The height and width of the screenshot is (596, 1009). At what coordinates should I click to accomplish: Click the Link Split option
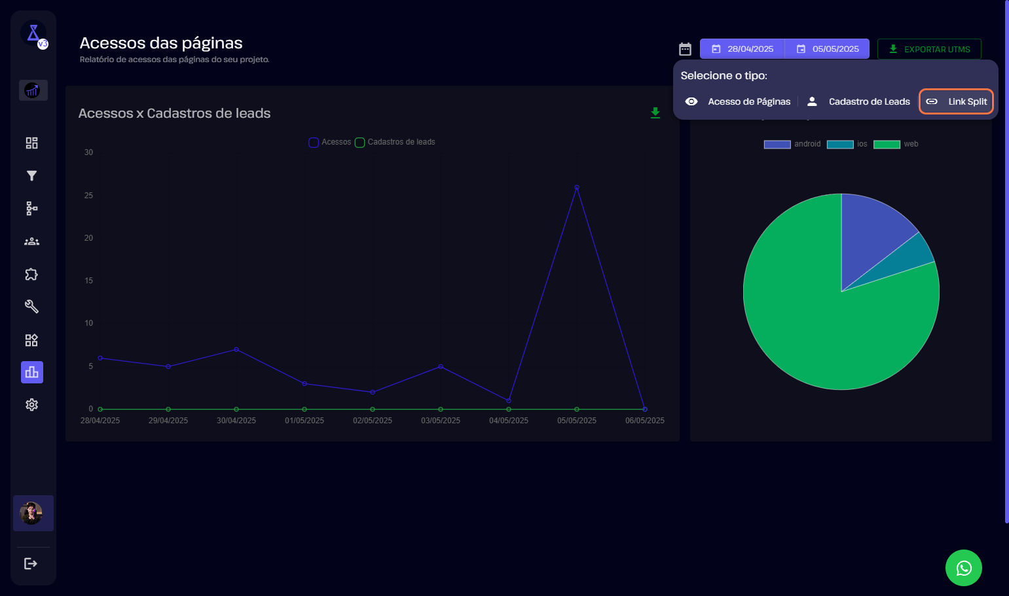[956, 102]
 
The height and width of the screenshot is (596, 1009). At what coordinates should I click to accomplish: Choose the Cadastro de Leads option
[858, 102]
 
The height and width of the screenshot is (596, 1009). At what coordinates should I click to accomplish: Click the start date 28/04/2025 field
[743, 49]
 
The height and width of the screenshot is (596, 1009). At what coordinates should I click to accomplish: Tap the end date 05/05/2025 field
[827, 49]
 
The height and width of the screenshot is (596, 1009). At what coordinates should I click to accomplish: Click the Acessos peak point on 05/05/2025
[577, 187]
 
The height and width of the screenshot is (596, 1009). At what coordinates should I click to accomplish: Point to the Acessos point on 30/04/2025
[236, 349]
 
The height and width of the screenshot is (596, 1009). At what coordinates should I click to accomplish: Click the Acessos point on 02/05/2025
[373, 392]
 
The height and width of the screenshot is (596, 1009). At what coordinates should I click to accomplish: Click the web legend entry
[896, 144]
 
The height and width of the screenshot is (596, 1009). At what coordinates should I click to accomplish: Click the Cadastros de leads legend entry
[395, 142]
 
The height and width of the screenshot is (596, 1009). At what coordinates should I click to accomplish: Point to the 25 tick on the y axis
[89, 196]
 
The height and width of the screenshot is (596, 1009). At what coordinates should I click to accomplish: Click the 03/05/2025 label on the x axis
[441, 421]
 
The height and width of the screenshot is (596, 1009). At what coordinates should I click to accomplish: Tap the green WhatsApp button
[964, 568]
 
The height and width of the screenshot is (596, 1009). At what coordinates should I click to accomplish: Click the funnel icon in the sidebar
[31, 175]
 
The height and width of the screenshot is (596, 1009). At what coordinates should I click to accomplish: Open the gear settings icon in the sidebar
[31, 405]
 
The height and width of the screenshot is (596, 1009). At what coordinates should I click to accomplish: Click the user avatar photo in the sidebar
[31, 513]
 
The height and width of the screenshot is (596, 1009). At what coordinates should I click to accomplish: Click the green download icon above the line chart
[655, 113]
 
